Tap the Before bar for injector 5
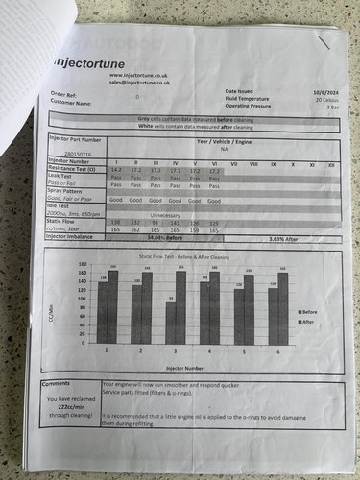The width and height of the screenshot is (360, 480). click(x=238, y=316)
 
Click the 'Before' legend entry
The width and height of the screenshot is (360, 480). click(x=311, y=311)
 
